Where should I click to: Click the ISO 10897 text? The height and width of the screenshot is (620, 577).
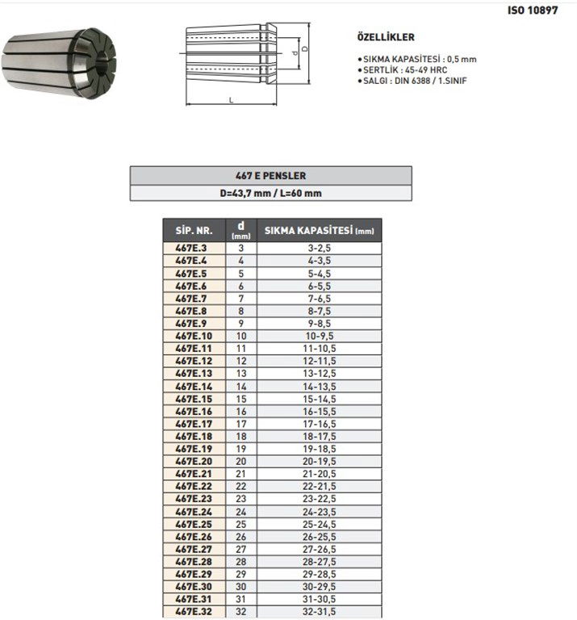coord(533,11)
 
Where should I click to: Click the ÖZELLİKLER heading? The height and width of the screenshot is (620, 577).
coord(386,37)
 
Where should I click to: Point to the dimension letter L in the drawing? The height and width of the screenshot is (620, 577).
coord(232,100)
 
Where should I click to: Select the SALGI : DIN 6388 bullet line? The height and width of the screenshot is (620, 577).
coord(412,81)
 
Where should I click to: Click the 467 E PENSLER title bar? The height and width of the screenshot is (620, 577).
coord(270,175)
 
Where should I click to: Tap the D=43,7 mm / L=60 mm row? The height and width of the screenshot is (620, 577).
coord(270,193)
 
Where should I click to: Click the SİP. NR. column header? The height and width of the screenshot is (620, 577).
coord(193,231)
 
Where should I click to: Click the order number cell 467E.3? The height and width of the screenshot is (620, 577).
coord(192,249)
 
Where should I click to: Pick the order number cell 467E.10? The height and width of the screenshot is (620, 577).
coord(192,336)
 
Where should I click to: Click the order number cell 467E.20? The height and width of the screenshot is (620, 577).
coord(192,461)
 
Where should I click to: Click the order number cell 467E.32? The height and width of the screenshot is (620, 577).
coord(192,611)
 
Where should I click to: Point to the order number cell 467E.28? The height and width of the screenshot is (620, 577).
coord(192,561)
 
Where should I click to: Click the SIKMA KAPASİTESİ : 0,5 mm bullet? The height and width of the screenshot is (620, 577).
coord(416,60)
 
